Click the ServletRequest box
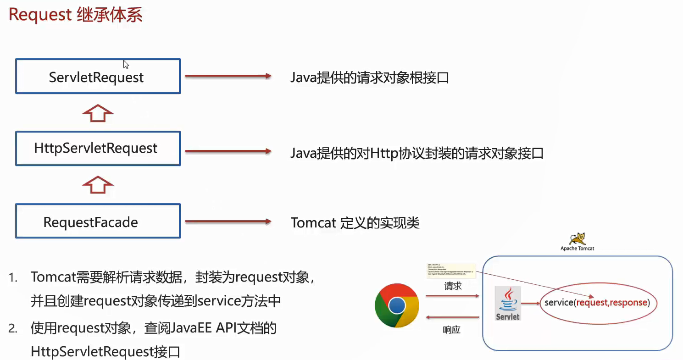(98, 77)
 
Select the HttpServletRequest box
(98, 148)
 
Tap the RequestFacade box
(98, 222)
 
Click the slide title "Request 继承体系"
(76, 15)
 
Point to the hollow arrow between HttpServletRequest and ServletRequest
(97, 112)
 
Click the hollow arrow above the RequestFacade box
(97, 185)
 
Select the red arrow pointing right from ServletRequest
(228, 77)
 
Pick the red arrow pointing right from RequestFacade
(228, 222)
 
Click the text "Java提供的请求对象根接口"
(369, 78)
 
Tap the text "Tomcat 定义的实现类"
(355, 223)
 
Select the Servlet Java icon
(508, 303)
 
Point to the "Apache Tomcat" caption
(577, 249)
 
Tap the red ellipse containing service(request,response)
(597, 303)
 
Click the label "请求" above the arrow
(452, 286)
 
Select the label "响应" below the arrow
(451, 329)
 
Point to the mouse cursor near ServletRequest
(125, 64)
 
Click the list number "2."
(13, 328)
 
